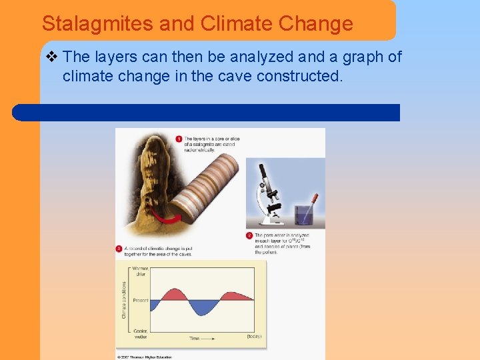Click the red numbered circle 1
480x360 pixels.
(179, 139)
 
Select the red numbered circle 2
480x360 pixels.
(249, 235)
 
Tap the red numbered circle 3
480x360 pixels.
(119, 249)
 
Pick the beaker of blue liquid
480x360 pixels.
(305, 213)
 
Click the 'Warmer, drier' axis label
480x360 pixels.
(140, 271)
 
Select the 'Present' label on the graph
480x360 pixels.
(140, 301)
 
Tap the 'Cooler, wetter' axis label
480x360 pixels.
(139, 334)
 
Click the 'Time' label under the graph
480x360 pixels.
(194, 339)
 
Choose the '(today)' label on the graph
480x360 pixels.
(254, 337)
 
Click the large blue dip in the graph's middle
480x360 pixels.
(201, 307)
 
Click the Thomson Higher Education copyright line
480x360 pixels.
(145, 357)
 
